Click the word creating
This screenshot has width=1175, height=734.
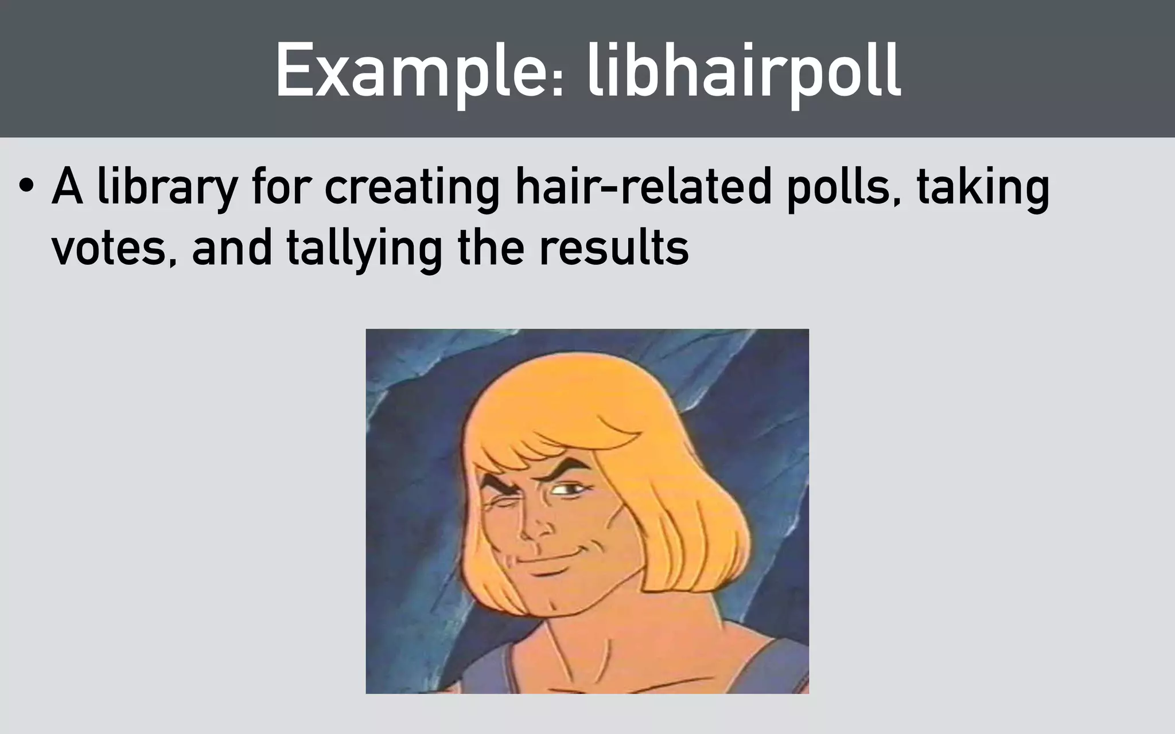tap(412, 189)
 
